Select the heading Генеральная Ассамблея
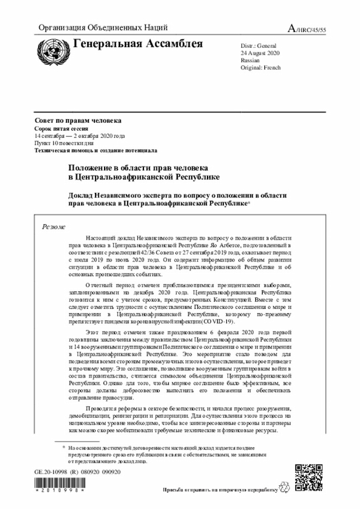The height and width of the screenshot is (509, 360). (x=138, y=44)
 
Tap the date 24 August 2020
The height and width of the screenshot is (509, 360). (x=260, y=52)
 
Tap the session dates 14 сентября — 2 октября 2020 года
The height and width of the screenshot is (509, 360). (x=79, y=136)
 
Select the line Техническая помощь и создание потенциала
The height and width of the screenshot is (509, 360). (x=96, y=151)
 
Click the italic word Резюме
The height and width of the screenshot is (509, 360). (x=54, y=227)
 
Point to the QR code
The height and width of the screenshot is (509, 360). (x=309, y=478)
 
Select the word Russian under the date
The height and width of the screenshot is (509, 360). (x=250, y=60)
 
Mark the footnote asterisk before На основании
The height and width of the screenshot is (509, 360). (x=64, y=448)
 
